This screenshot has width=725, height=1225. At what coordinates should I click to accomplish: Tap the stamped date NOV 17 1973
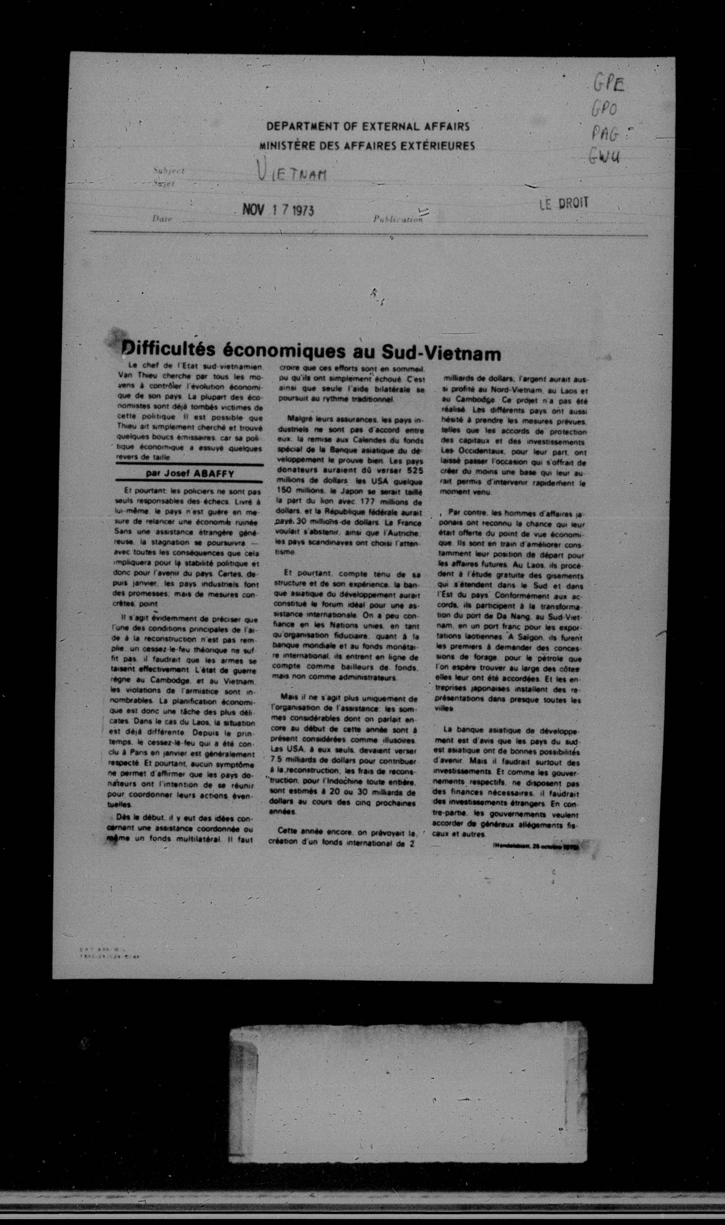tap(278, 210)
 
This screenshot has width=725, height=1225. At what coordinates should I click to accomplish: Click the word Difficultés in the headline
tap(169, 351)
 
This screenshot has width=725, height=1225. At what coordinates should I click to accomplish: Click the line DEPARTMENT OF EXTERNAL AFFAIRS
tap(368, 127)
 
